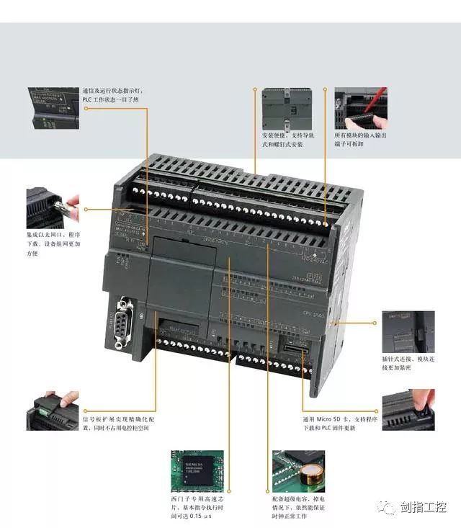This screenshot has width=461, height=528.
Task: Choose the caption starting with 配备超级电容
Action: (x=298, y=507)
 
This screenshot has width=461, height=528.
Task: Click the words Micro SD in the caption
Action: (x=328, y=419)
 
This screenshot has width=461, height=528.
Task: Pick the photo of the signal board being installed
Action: (x=52, y=411)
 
